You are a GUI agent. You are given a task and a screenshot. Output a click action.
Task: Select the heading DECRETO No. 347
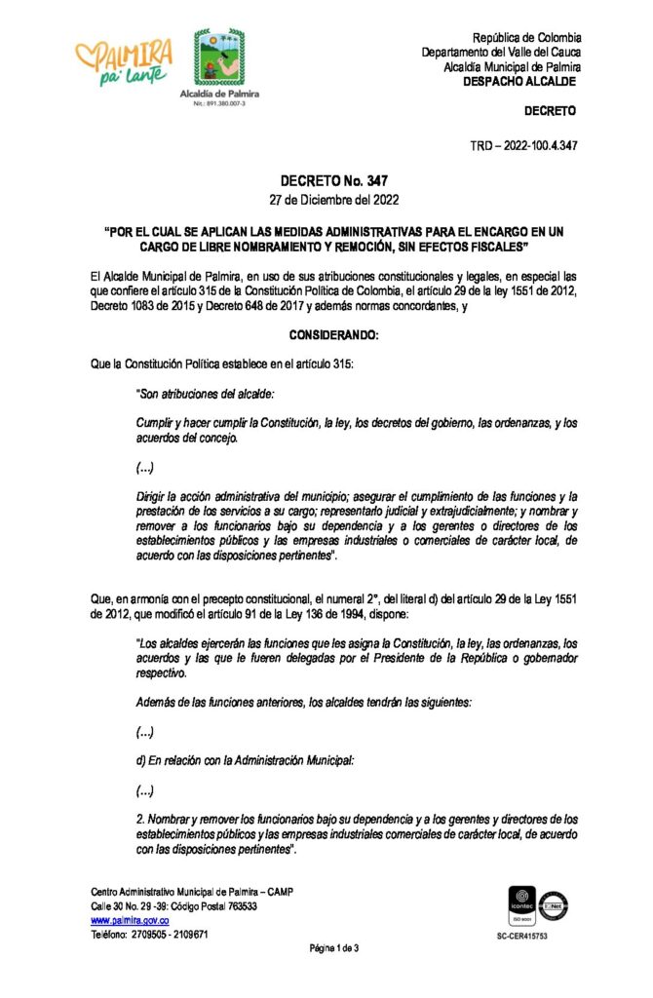click(326, 180)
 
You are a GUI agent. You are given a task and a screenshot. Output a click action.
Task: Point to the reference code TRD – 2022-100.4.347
click(525, 145)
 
